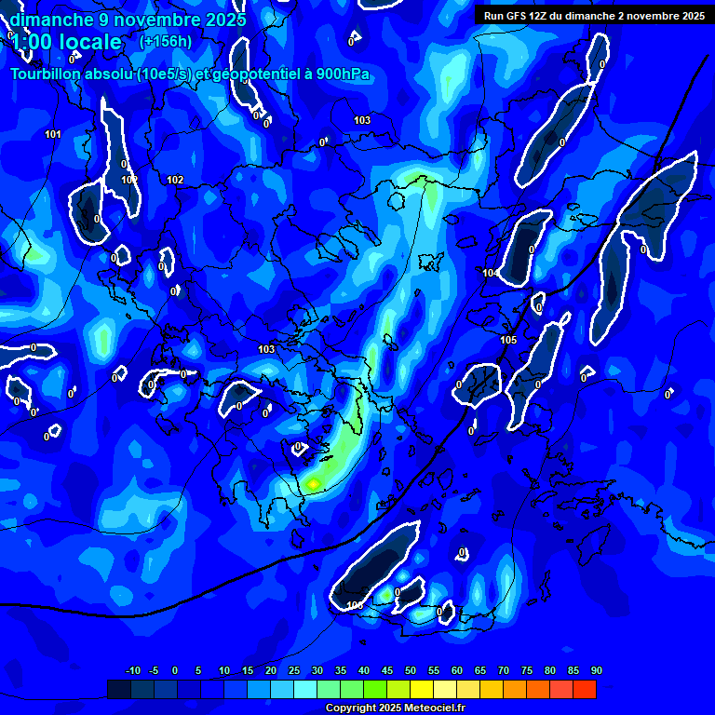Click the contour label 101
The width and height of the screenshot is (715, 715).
[x=53, y=135]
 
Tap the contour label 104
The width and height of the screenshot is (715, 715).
[x=490, y=273]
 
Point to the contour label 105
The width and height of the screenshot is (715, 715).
[x=508, y=341]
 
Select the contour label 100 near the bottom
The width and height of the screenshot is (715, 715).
[x=354, y=606]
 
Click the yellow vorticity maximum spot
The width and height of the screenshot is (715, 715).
[x=313, y=482]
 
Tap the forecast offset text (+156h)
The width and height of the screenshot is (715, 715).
[x=166, y=42]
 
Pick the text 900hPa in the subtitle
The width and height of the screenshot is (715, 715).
[x=344, y=75]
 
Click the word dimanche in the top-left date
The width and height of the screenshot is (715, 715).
[x=52, y=20]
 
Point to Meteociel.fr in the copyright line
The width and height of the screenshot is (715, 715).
[x=434, y=708]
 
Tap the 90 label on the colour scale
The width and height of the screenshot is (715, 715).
[x=596, y=671]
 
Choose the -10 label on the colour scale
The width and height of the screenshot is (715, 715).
[x=133, y=671]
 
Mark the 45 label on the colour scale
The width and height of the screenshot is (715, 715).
[x=386, y=671]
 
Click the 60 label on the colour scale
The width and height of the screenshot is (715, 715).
[x=456, y=671]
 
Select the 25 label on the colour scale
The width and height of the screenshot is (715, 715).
[x=293, y=671]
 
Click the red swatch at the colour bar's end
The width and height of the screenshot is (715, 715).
[x=585, y=689]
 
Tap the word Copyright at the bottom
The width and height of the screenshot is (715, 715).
[x=353, y=708]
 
